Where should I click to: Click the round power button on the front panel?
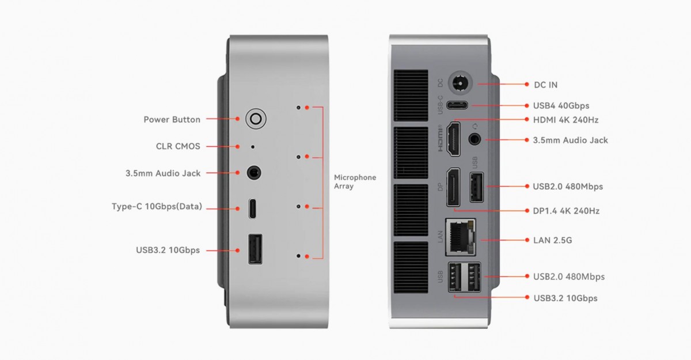tap(256, 119)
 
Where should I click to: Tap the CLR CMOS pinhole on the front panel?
tap(252, 147)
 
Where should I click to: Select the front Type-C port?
tap(253, 209)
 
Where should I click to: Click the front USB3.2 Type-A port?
tap(255, 249)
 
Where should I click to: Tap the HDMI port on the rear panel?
tap(454, 138)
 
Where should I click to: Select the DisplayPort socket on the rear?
tap(454, 187)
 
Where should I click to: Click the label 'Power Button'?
tap(172, 120)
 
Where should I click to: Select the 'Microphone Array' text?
tap(355, 182)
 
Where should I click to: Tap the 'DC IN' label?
tap(545, 85)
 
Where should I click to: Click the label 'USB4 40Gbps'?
tap(561, 106)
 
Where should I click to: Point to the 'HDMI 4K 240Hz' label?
tap(565, 120)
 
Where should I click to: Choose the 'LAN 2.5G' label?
tap(552, 240)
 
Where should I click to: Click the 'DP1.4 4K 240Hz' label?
tap(566, 211)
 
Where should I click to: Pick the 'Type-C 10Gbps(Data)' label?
tap(157, 206)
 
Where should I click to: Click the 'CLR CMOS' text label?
tap(178, 146)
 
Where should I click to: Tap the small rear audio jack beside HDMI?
tap(476, 139)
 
